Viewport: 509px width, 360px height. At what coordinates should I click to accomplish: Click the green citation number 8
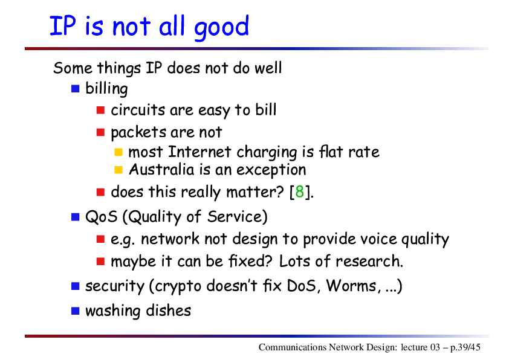300,191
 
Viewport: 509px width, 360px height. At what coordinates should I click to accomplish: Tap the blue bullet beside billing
76,89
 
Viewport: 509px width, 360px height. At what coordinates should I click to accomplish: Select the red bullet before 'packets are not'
100,132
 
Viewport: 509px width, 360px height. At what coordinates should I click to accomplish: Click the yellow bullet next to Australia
118,170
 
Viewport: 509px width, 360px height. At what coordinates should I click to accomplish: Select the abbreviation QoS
102,216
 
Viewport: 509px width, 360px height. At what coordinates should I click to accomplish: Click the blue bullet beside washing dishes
76,310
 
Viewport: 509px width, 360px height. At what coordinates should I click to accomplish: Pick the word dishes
169,310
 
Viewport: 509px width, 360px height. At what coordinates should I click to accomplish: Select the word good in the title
221,27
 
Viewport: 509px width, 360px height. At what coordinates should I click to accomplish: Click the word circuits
138,110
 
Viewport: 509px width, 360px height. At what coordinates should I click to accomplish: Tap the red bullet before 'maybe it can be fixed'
100,261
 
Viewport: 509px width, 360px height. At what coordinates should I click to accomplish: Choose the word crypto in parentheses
178,286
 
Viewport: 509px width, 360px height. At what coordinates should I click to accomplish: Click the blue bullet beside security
76,286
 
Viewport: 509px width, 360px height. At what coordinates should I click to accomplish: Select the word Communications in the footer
293,347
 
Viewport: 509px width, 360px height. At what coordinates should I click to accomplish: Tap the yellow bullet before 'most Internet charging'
118,152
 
